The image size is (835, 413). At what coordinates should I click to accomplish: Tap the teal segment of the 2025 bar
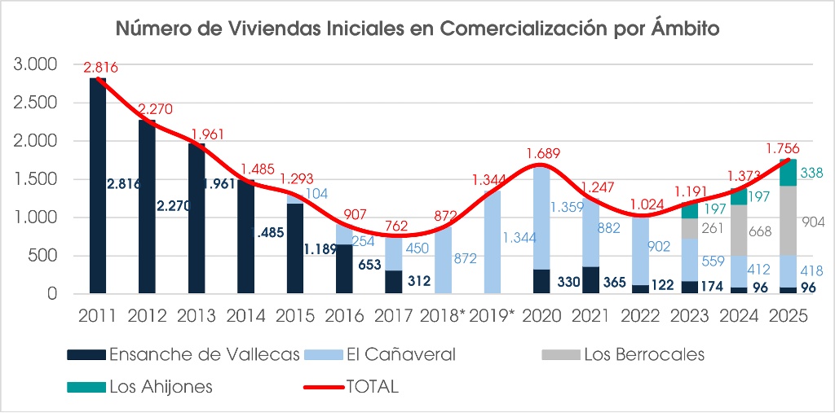pyautogui.click(x=789, y=173)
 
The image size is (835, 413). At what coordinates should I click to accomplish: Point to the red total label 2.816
pyautogui.click(x=99, y=68)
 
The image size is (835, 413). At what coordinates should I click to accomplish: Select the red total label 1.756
pyautogui.click(x=784, y=148)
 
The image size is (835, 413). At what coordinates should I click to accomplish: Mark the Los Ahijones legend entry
pyautogui.click(x=161, y=387)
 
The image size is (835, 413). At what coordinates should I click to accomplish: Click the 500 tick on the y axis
pyautogui.click(x=46, y=256)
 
